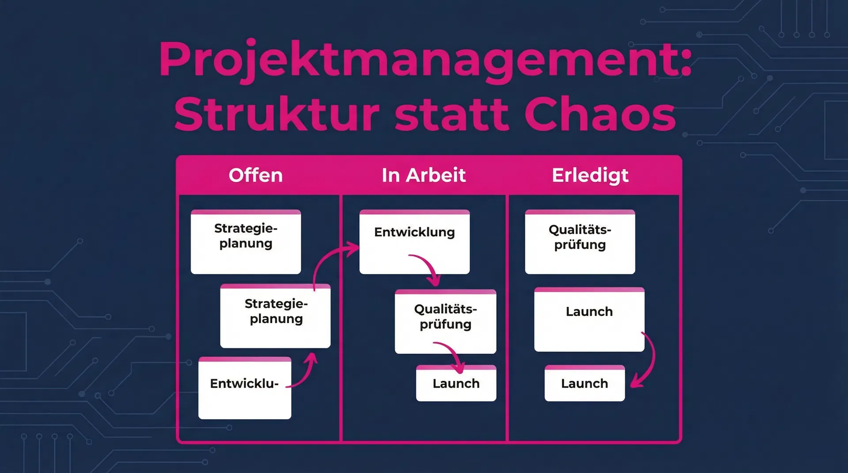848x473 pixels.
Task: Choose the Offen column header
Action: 255,175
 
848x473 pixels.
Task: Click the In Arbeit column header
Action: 423,175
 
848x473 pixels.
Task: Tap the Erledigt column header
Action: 590,175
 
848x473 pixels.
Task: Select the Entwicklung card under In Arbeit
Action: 414,241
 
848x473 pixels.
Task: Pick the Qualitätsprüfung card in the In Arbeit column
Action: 445,321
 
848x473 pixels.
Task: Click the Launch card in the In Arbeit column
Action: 456,383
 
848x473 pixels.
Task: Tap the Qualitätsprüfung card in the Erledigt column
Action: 579,241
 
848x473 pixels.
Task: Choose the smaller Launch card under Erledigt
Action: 584,383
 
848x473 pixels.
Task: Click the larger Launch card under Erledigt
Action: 589,319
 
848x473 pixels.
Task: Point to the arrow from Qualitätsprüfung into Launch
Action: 453,353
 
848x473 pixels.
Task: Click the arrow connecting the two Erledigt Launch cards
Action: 649,360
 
